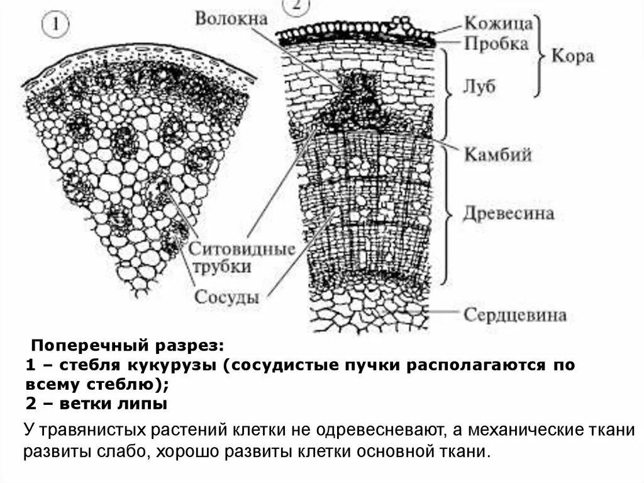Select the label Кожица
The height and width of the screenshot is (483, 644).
499,23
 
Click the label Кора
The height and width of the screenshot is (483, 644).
572,56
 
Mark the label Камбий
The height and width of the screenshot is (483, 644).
498,154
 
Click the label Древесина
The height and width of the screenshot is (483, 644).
509,213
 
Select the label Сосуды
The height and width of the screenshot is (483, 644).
227,297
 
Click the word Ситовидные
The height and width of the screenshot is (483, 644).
242,248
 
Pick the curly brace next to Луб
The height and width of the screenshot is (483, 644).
447,94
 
